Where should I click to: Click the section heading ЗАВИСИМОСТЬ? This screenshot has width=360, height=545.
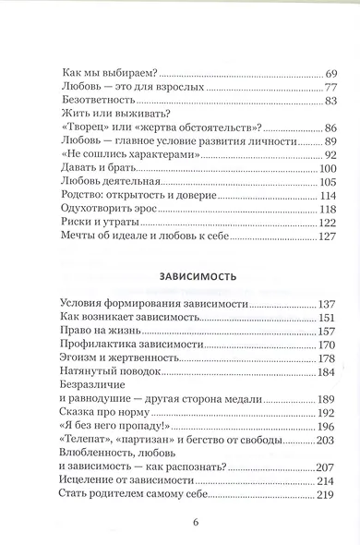[x=179, y=275]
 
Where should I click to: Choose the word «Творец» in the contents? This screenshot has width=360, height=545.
[x=81, y=127]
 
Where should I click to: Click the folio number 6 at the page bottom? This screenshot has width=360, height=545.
[x=179, y=523]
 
